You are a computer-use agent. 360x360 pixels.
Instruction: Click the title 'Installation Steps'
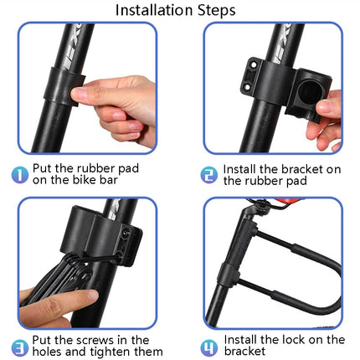[x=175, y=11]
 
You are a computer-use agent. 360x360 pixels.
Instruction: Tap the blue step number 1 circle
[x=20, y=172]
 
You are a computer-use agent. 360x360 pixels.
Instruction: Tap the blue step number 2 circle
[x=208, y=172]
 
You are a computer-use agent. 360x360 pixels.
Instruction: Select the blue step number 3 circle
[x=20, y=345]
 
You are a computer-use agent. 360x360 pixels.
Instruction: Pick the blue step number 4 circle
[x=209, y=345]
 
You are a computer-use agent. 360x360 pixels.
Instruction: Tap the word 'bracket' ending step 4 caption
[x=246, y=352]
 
